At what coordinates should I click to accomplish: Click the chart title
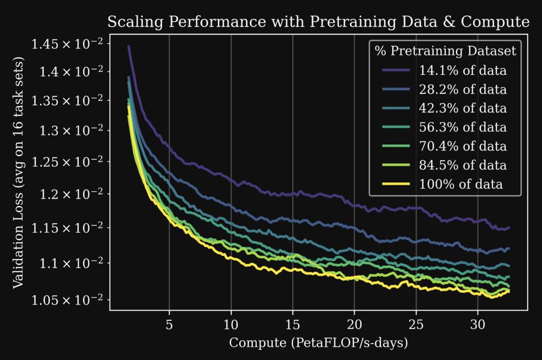pyautogui.click(x=318, y=22)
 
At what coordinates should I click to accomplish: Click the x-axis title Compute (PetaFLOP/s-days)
pyautogui.click(x=318, y=343)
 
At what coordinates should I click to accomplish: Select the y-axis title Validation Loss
pyautogui.click(x=19, y=172)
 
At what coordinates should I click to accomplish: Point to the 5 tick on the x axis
pyautogui.click(x=169, y=325)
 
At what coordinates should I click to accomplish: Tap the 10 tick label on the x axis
pyautogui.click(x=231, y=325)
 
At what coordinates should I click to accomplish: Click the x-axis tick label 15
pyautogui.click(x=292, y=325)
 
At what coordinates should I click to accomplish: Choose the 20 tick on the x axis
pyautogui.click(x=354, y=325)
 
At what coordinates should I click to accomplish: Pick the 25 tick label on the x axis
pyautogui.click(x=416, y=325)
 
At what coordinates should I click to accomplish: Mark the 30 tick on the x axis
pyautogui.click(x=478, y=325)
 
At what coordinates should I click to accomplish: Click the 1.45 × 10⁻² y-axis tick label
pyautogui.click(x=67, y=44)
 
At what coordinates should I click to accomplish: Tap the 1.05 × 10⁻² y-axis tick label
pyautogui.click(x=67, y=299)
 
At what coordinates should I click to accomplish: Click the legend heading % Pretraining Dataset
pyautogui.click(x=445, y=51)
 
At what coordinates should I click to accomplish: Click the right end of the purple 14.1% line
pyautogui.click(x=509, y=228)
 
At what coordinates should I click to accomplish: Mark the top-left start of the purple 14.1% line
pyautogui.click(x=128, y=46)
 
